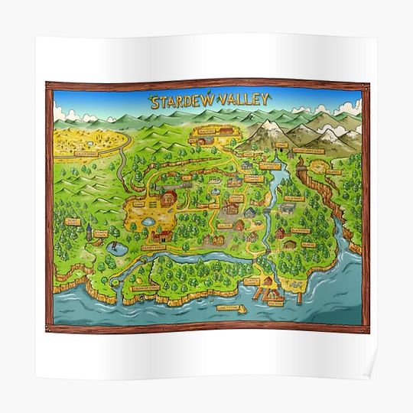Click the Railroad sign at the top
point(207,131)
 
